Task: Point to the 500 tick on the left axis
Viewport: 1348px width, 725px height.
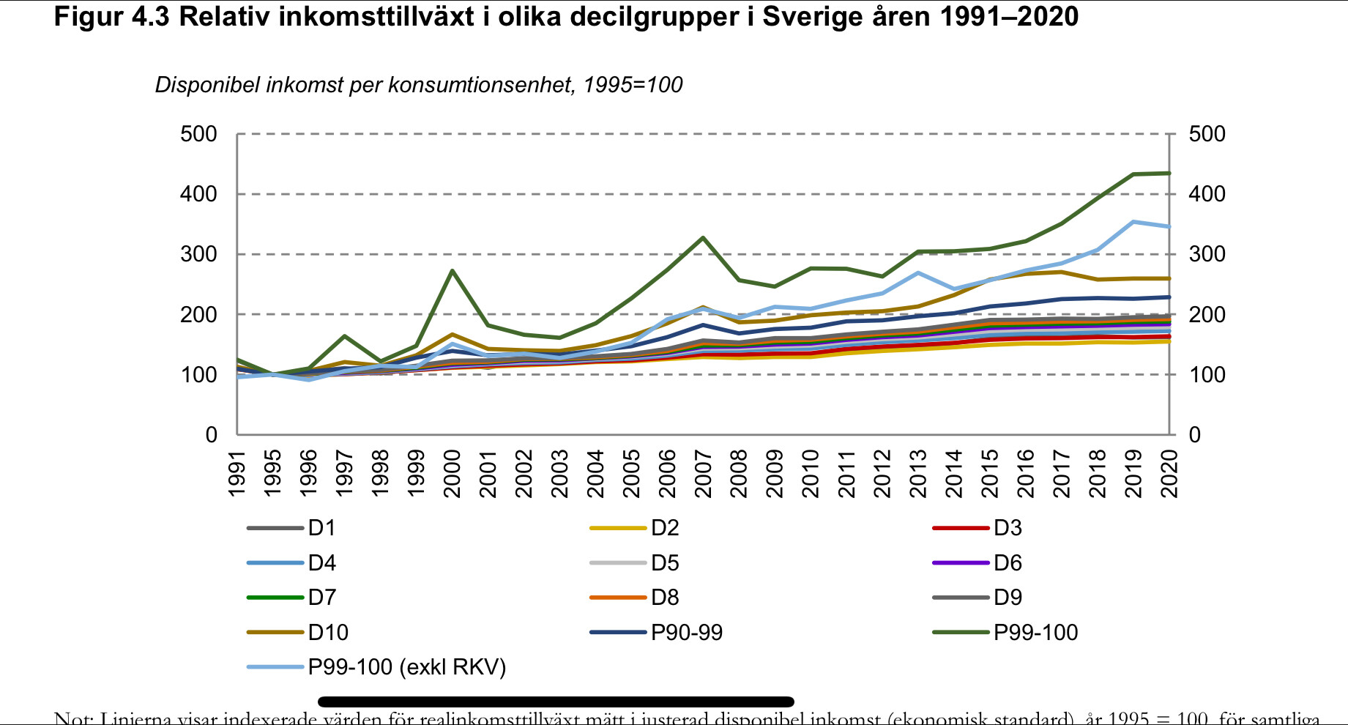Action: (x=199, y=134)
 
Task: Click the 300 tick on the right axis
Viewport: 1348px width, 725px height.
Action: (x=1207, y=254)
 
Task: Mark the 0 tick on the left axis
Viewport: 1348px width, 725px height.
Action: (x=211, y=435)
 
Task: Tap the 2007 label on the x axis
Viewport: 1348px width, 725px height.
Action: (x=704, y=474)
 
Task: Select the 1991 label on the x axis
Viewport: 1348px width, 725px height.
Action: (x=237, y=474)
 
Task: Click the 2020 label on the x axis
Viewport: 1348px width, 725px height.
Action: (x=1170, y=474)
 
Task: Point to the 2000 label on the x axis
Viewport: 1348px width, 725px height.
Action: (x=453, y=474)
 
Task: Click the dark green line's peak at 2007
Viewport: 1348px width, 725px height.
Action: (x=703, y=238)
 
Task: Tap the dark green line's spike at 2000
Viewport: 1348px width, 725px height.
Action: (x=453, y=271)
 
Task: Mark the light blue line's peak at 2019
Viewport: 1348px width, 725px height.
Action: (x=1133, y=222)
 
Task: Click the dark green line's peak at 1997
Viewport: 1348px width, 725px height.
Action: (x=344, y=336)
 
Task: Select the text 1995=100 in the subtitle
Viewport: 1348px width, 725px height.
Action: (x=633, y=85)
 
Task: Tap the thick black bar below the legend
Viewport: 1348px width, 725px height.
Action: (x=556, y=702)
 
